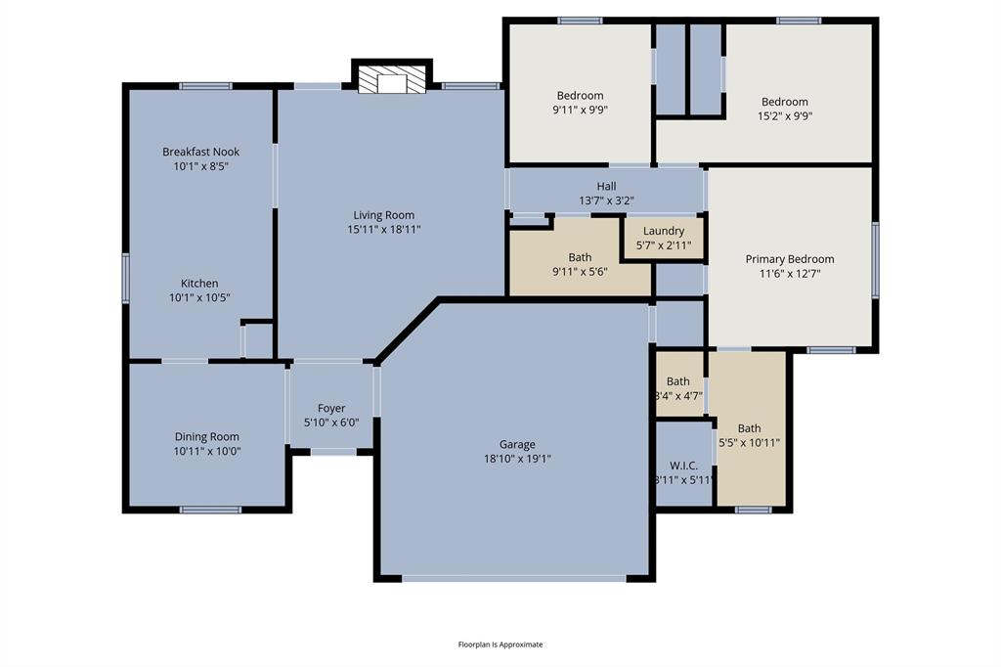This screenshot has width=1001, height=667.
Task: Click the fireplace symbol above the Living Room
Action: [x=391, y=79]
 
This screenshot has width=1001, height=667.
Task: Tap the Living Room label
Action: [x=383, y=215]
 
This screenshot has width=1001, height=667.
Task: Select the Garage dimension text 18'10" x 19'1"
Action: [x=517, y=458]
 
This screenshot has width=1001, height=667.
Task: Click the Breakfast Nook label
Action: [x=200, y=152]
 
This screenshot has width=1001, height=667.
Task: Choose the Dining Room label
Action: [x=206, y=436]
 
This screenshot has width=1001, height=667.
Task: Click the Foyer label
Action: [x=331, y=408]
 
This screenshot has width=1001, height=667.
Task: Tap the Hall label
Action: [x=606, y=187]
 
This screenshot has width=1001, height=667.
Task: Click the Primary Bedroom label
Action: [x=790, y=259]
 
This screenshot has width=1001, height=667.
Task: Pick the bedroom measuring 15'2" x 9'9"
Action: [x=785, y=108]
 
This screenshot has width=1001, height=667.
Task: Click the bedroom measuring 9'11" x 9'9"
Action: [x=580, y=102]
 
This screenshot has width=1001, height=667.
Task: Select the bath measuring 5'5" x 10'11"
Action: [x=750, y=435]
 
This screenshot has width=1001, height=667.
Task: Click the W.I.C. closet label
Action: [x=683, y=466]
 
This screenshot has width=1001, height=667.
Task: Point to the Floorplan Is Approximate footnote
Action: [x=500, y=645]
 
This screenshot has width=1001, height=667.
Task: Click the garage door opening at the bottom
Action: [x=514, y=578]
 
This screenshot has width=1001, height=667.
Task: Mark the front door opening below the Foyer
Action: [x=333, y=451]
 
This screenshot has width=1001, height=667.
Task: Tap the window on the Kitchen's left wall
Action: [x=125, y=277]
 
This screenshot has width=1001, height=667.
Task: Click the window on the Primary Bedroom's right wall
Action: [x=875, y=259]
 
